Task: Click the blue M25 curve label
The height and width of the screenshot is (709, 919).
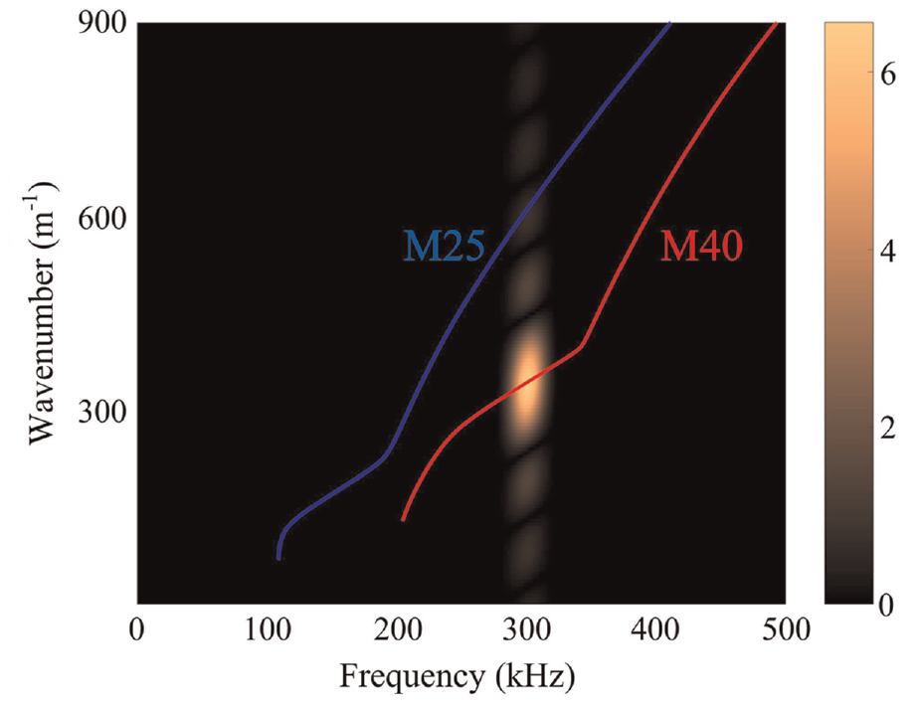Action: tap(445, 246)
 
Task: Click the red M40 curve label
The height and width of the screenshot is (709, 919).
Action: tap(701, 246)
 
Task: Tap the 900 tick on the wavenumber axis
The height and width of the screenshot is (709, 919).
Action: tap(102, 26)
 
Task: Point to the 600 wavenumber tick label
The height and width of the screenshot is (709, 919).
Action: tap(102, 219)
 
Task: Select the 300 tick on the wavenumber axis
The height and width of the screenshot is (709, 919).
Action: tap(102, 413)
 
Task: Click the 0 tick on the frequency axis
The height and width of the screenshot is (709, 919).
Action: tap(136, 631)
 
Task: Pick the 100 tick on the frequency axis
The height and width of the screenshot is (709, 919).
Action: tap(267, 631)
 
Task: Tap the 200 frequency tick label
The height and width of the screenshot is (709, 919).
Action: tap(398, 631)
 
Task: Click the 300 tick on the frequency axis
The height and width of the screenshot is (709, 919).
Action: tap(526, 631)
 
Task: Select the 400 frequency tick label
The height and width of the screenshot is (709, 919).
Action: tap(655, 631)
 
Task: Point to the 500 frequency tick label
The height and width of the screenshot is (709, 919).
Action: tap(786, 631)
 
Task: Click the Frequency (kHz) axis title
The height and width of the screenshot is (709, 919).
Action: tap(458, 677)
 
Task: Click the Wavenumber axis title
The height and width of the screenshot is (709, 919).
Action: tap(42, 313)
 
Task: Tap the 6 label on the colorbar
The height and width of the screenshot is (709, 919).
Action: tap(888, 75)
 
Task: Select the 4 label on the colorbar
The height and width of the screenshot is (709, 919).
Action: tap(888, 253)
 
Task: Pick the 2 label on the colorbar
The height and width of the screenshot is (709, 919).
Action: tap(888, 430)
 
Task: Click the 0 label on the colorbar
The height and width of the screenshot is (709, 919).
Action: tap(888, 606)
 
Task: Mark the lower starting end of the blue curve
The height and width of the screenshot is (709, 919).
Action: tap(278, 559)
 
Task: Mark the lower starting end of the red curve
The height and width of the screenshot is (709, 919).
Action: tap(402, 520)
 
